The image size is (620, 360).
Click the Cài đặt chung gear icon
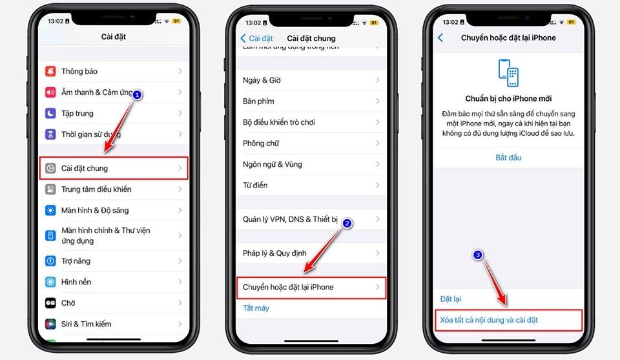click(50, 168)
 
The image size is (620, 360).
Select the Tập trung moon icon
click(50, 113)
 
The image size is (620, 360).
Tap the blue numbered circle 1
click(137, 94)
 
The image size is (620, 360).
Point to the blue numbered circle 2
click(347, 223)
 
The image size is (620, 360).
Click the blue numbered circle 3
click(477, 255)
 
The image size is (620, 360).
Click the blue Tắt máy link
click(256, 308)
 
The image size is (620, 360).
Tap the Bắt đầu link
click(508, 158)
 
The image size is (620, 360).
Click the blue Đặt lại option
click(451, 299)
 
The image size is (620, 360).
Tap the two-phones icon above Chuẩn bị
click(508, 73)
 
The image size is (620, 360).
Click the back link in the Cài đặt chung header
click(257, 38)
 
